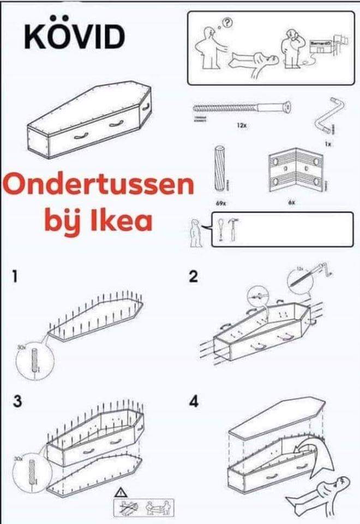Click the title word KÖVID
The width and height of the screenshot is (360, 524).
point(74,36)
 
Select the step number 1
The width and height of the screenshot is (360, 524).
point(18,278)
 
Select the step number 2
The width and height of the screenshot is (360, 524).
point(193,278)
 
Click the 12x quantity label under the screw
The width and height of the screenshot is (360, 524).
point(241,125)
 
